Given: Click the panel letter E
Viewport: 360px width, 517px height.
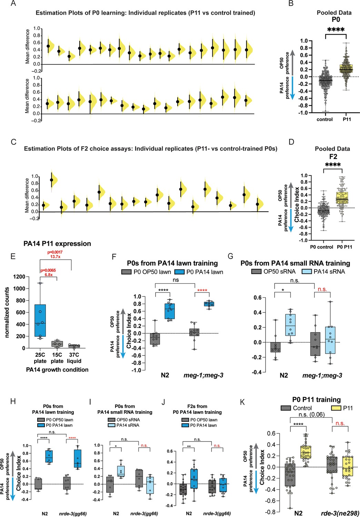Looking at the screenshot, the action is click(13, 256).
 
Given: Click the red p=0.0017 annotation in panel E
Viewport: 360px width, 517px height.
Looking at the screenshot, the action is click(55, 252).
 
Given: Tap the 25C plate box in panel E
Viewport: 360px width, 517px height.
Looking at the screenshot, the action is click(40, 321).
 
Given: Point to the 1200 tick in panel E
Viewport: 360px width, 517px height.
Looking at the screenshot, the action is click(21, 276).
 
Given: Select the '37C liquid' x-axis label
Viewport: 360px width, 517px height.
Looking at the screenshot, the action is click(74, 358).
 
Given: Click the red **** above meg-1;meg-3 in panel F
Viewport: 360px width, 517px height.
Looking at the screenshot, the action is click(202, 290).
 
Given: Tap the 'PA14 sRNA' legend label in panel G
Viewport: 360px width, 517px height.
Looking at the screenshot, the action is click(329, 272).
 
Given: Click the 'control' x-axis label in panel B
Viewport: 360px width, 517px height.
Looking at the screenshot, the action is click(324, 119).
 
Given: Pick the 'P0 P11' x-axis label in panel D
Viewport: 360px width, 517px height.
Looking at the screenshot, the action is click(344, 247).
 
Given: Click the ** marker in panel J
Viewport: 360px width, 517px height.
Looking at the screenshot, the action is click(189, 446).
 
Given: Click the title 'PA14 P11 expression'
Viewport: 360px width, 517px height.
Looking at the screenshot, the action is click(57, 244).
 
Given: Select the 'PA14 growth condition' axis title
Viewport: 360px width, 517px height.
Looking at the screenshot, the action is click(57, 369).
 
